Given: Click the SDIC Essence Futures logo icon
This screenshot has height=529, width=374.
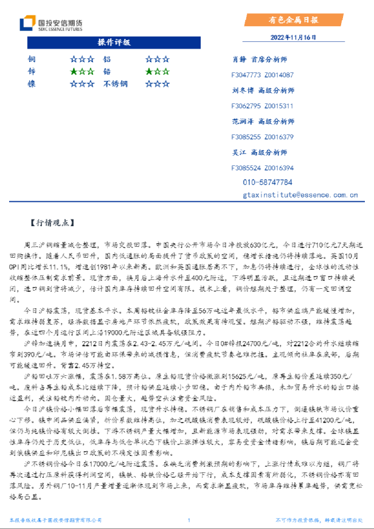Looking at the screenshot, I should click(26, 24).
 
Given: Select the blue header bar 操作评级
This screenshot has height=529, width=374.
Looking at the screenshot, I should click(114, 43).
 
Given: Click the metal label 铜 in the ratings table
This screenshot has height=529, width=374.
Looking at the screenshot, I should click(31, 60).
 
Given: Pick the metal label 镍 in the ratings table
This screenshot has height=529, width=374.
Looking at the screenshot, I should click(31, 84).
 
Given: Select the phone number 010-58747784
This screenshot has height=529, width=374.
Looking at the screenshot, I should click(268, 182).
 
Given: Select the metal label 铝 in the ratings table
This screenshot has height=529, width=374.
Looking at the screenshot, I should click(107, 60).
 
